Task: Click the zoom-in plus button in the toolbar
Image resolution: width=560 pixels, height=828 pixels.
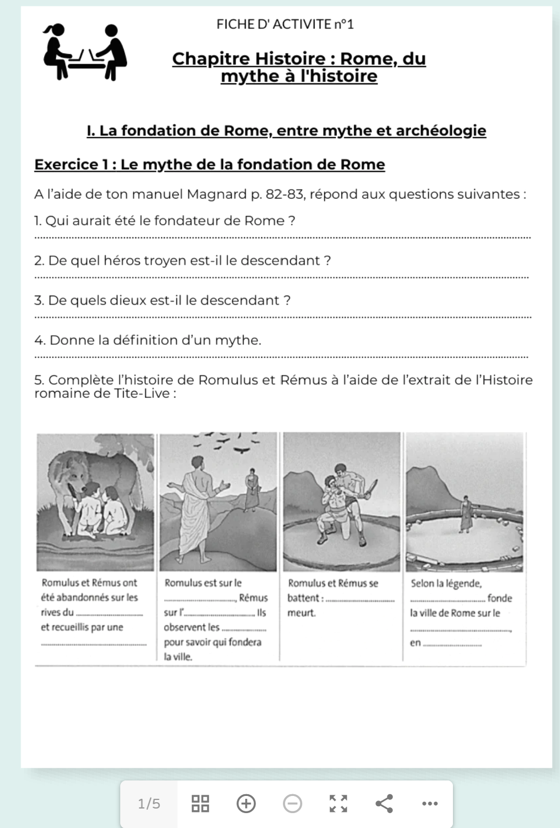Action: tap(246, 803)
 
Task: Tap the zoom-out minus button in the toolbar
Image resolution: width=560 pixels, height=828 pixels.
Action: tap(293, 803)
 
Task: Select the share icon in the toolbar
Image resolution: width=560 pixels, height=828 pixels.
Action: tap(384, 803)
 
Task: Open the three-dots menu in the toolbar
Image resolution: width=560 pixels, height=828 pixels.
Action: tap(429, 803)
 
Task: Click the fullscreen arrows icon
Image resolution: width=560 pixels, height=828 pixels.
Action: tap(338, 803)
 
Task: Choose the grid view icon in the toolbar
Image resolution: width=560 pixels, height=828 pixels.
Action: tap(200, 803)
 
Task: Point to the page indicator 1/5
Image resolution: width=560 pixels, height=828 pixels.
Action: tap(149, 804)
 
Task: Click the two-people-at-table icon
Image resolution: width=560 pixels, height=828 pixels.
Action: tap(86, 52)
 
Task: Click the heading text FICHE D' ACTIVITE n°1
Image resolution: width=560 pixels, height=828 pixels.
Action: tap(285, 24)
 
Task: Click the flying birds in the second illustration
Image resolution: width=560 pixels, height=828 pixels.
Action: tap(229, 444)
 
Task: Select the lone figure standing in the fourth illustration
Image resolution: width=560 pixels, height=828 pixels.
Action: tap(466, 514)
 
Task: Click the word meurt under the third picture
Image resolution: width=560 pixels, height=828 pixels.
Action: tap(301, 613)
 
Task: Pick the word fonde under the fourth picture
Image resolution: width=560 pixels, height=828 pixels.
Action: tap(499, 598)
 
